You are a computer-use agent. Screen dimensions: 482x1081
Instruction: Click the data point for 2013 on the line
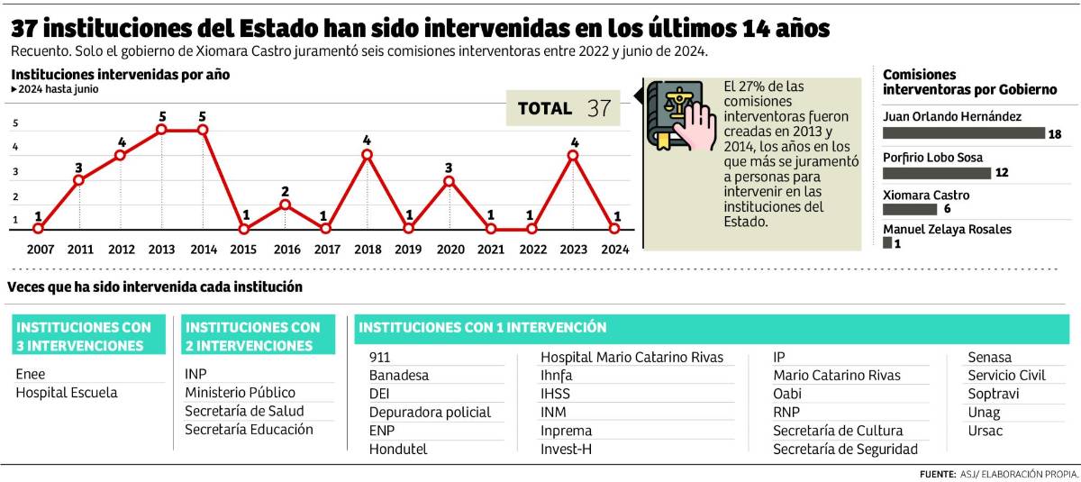(x=161, y=130)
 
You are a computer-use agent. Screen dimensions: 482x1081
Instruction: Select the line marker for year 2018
(x=367, y=154)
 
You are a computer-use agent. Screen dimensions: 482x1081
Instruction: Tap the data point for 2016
(x=285, y=205)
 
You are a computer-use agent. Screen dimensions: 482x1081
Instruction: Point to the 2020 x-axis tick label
(x=450, y=249)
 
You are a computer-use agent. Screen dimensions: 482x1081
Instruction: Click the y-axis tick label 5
(x=14, y=123)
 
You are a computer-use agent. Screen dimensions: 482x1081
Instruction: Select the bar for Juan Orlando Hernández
(x=964, y=132)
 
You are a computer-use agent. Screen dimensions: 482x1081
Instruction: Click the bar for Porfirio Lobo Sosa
(x=937, y=173)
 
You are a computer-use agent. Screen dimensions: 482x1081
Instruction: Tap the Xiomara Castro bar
(x=910, y=209)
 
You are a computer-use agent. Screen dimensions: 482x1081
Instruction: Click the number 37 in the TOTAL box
(x=599, y=109)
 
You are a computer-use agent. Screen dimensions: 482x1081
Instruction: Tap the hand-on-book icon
(x=677, y=115)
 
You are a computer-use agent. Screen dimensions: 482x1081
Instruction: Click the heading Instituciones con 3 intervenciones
(x=88, y=336)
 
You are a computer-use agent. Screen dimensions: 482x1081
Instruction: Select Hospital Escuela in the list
(x=67, y=393)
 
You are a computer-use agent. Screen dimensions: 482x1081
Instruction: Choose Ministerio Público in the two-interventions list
(x=240, y=393)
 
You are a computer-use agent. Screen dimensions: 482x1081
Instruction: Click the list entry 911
(x=380, y=357)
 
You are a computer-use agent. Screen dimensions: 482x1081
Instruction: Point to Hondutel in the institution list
(x=398, y=449)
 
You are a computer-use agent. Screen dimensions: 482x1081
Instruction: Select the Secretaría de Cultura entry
(x=838, y=431)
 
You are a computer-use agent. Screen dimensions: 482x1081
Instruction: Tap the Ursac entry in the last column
(x=985, y=431)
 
